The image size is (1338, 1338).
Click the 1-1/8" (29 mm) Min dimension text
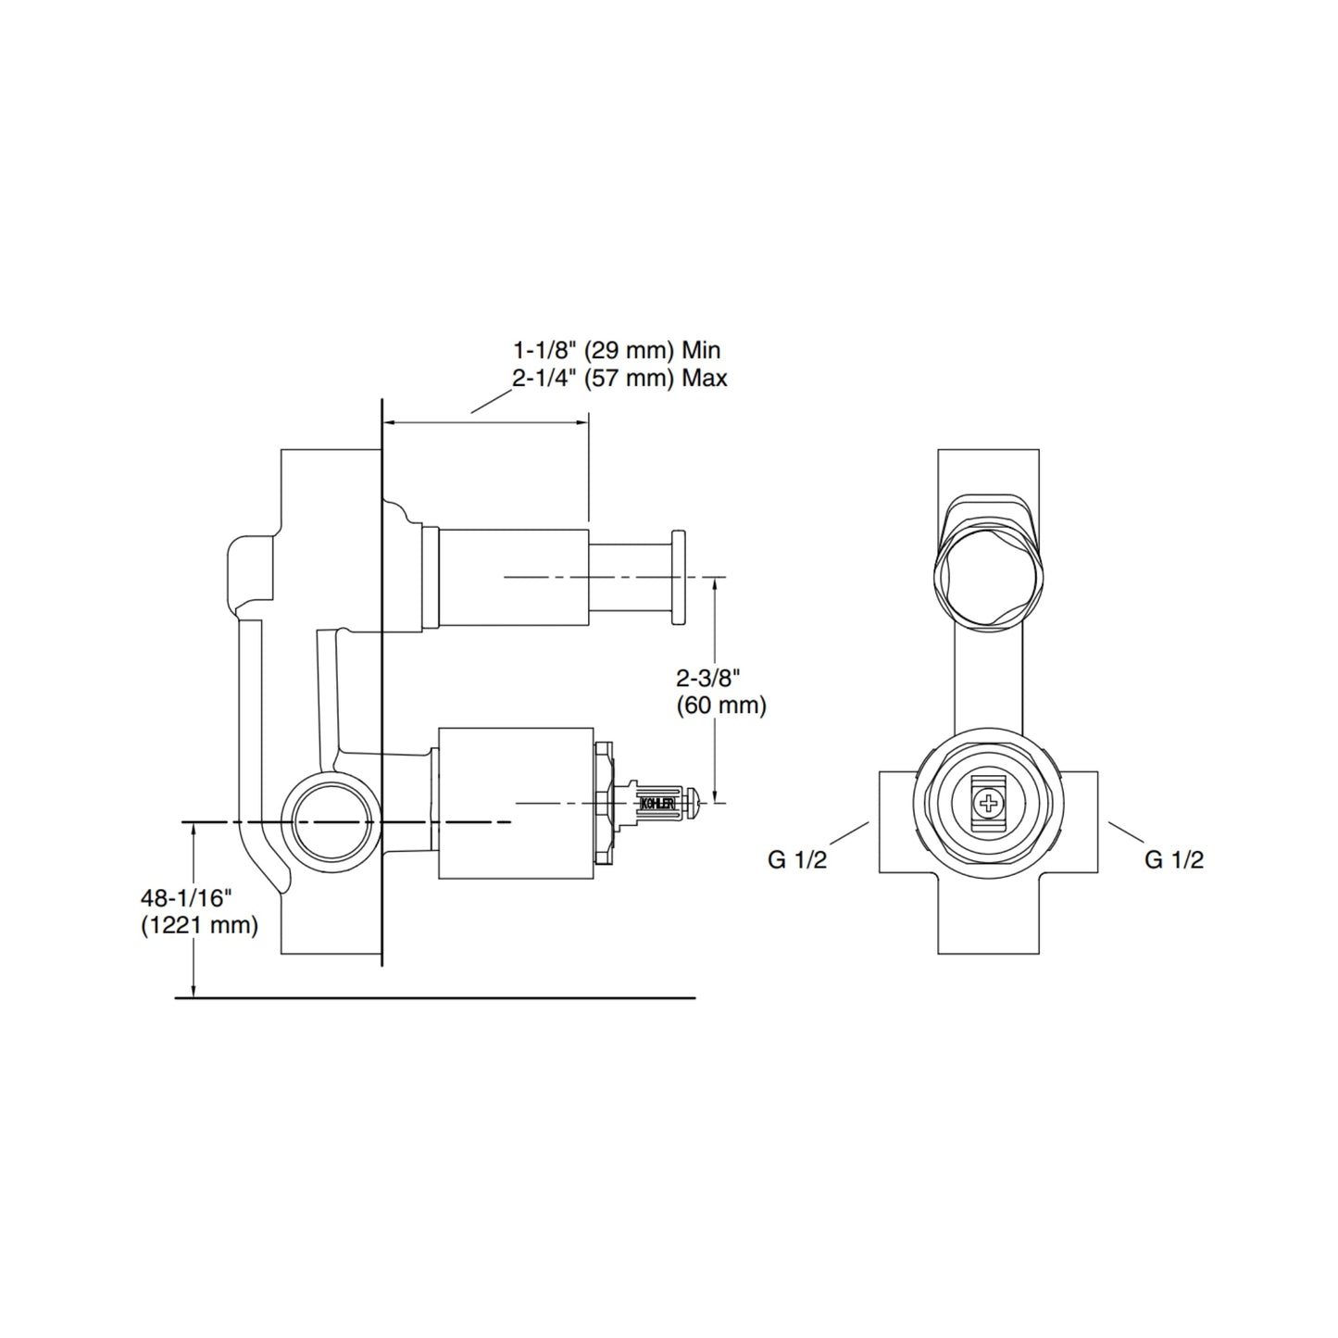[x=617, y=350]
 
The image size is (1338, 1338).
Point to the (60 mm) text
[x=721, y=706]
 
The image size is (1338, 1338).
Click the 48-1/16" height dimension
[x=185, y=897]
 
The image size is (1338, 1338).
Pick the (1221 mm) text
[x=199, y=924]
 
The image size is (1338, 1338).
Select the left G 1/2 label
[x=797, y=860]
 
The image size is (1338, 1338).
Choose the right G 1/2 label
[x=1174, y=860]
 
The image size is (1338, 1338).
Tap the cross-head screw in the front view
[x=990, y=802]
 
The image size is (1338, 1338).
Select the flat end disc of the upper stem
[x=679, y=578]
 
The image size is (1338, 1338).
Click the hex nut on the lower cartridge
[x=604, y=802]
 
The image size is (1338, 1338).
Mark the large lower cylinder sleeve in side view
[x=514, y=802]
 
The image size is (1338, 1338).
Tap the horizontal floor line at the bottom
[x=435, y=998]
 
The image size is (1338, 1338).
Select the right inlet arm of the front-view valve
[x=1080, y=822]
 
